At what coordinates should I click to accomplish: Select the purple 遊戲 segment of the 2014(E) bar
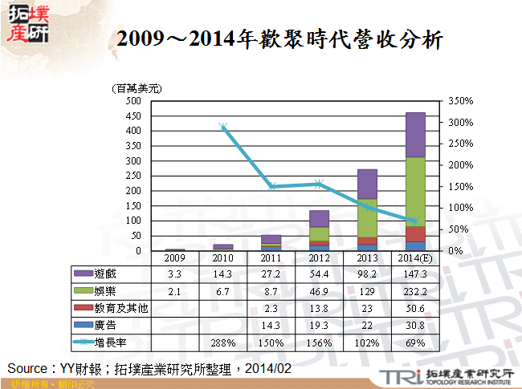click(415, 135)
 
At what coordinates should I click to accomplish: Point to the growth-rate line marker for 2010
click(223, 127)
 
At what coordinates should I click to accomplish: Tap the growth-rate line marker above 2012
click(320, 184)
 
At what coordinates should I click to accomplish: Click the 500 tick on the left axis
click(133, 101)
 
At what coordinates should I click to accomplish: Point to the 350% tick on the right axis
click(461, 101)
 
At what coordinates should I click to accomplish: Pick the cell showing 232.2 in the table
click(415, 291)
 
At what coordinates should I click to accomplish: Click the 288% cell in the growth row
click(223, 342)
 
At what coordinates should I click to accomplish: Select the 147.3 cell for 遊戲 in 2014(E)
click(415, 274)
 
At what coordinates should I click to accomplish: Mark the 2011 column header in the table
click(271, 257)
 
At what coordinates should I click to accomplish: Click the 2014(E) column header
click(415, 257)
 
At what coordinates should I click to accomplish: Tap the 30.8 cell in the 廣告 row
click(415, 325)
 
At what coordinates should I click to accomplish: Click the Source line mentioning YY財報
click(149, 368)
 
